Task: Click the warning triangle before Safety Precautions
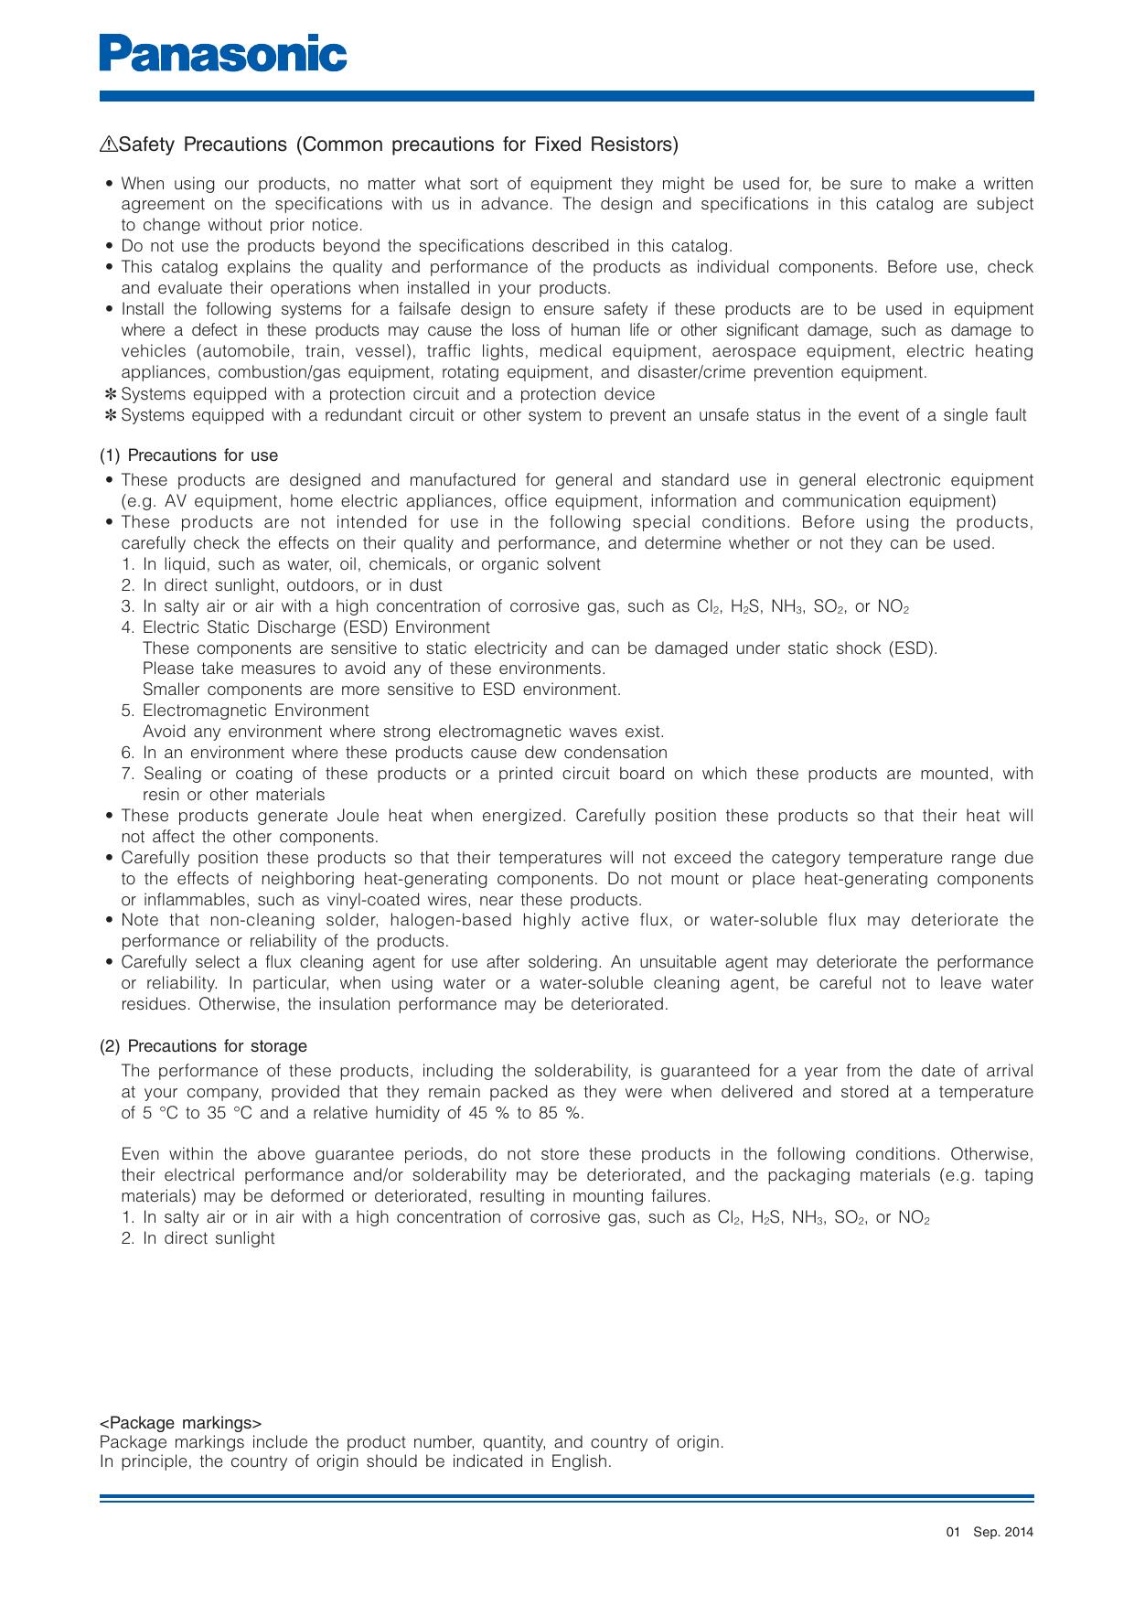click(109, 144)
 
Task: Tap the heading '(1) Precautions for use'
click(188, 455)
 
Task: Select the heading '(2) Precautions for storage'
click(203, 1046)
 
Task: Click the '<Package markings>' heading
click(180, 1423)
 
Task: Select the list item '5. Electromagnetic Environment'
click(245, 711)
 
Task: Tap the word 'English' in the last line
click(580, 1461)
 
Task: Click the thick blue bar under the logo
click(567, 95)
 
